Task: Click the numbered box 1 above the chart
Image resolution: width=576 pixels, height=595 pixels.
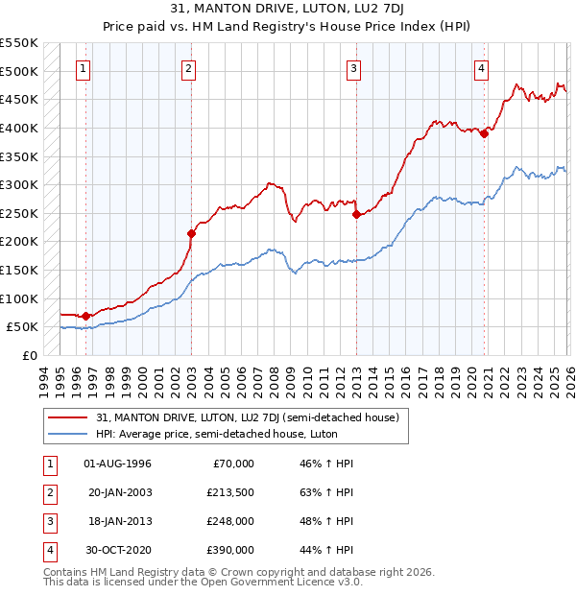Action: (84, 68)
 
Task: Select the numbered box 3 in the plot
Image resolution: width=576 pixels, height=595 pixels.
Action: (354, 68)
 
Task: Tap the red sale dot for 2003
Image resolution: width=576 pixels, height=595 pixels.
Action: (191, 233)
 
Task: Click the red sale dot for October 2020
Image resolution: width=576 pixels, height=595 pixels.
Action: (484, 134)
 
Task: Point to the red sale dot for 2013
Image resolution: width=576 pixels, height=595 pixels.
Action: (356, 214)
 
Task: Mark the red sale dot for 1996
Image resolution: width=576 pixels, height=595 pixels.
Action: (86, 315)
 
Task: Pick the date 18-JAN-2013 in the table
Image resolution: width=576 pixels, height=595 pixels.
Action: (117, 523)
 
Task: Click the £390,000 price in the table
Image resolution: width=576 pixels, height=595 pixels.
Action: (230, 550)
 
